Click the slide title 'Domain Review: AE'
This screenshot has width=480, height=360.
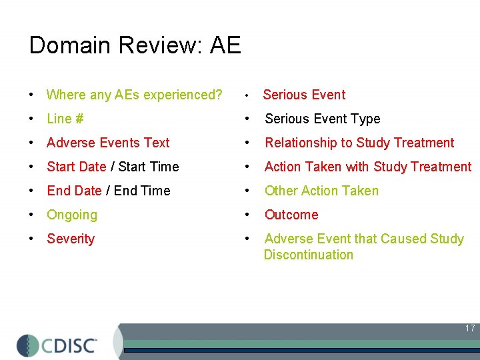(x=135, y=46)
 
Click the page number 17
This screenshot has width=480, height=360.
(x=470, y=328)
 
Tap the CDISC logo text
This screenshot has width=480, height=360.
(x=70, y=345)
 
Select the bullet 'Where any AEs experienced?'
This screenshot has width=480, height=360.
(x=134, y=95)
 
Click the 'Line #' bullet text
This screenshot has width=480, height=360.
(x=65, y=119)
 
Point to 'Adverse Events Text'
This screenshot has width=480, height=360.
(x=108, y=143)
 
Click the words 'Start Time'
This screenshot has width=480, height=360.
(x=149, y=167)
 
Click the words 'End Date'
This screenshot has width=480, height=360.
(x=74, y=191)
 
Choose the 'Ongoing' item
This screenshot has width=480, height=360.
(x=72, y=215)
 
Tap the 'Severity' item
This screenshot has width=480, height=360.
(x=71, y=239)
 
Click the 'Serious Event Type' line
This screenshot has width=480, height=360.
(x=322, y=119)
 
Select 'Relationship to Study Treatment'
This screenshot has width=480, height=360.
(x=359, y=143)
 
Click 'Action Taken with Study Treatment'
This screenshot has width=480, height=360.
(x=367, y=167)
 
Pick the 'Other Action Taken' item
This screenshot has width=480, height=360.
(x=321, y=191)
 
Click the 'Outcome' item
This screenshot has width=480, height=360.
(x=291, y=215)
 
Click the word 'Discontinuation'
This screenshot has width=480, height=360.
(x=308, y=255)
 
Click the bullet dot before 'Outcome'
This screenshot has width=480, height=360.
(x=247, y=215)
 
